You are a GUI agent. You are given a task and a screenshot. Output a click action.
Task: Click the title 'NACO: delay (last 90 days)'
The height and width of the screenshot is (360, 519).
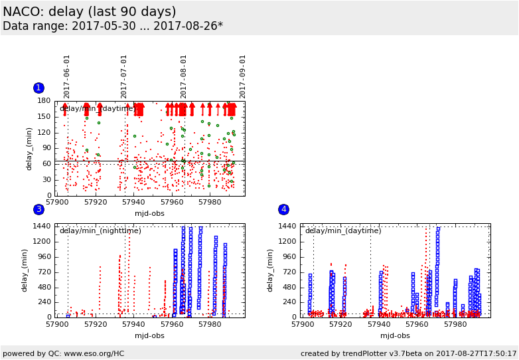[90, 12]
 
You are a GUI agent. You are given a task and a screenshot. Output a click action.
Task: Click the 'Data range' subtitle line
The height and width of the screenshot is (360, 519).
[113, 27]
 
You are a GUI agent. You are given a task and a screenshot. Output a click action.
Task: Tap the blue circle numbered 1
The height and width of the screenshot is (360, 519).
[38, 88]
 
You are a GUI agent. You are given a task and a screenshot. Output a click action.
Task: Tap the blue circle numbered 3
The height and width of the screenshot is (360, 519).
[38, 210]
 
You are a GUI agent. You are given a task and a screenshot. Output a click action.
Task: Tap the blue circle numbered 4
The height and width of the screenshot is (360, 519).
[283, 210]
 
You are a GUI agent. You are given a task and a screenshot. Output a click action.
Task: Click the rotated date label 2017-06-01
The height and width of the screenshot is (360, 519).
[67, 76]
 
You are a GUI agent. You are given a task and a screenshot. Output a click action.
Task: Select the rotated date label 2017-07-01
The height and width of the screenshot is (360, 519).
[125, 76]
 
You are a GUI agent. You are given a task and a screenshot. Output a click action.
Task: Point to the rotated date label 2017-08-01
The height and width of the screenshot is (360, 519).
[184, 76]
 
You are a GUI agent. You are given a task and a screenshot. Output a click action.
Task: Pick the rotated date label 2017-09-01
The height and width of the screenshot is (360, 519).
[243, 76]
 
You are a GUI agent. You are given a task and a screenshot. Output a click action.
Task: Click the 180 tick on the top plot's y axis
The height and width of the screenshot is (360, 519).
[44, 101]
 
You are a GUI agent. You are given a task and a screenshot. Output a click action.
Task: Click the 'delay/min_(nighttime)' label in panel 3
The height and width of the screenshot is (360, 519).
[100, 231]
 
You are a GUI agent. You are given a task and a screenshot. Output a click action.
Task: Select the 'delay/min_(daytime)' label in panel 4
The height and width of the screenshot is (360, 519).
[343, 231]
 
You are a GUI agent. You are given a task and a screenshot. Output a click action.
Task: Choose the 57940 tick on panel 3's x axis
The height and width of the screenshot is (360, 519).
[134, 325]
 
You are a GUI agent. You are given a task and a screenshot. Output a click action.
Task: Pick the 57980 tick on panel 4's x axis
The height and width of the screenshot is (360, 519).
[455, 325]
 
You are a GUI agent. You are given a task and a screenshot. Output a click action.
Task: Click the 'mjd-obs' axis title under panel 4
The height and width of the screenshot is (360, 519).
[395, 335]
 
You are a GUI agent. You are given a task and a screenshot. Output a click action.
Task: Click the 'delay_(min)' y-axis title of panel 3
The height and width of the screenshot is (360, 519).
[25, 270]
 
